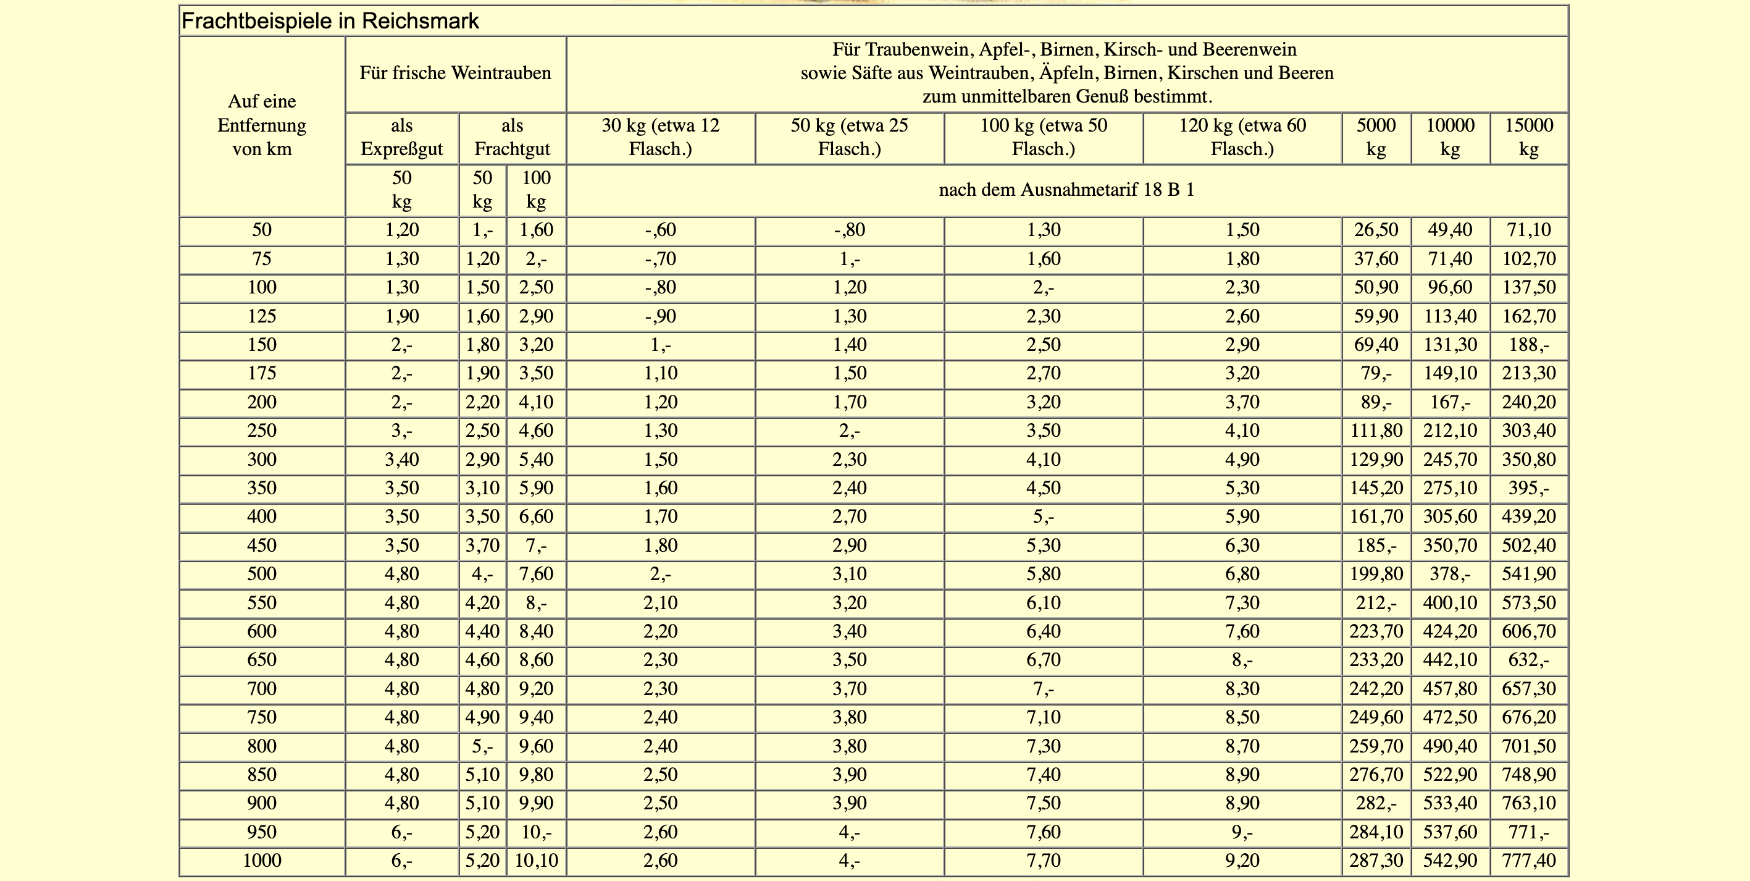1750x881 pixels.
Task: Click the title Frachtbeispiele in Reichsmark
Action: [330, 22]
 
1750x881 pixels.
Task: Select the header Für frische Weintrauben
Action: [455, 74]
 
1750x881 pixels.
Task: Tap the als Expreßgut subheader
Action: [401, 137]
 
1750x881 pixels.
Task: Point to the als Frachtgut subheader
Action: [513, 137]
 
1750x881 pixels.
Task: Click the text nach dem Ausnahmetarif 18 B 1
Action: [1066, 190]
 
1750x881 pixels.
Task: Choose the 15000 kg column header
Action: [1528, 137]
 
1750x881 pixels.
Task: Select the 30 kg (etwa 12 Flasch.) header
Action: [660, 137]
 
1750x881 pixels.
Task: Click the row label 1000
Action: [262, 861]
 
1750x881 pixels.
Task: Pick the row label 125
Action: [262, 316]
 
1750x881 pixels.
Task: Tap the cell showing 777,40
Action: [1528, 861]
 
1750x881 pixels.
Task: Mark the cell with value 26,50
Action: [1376, 230]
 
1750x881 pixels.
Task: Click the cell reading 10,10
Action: [536, 861]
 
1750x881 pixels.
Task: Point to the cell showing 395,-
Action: [1528, 488]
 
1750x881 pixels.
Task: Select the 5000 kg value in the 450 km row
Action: [1376, 545]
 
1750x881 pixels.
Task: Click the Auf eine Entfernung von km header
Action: [262, 125]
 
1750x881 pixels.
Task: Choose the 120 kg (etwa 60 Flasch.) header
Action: [1242, 137]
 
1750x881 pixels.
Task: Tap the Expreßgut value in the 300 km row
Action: [401, 460]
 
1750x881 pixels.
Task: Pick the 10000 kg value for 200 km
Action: [1450, 402]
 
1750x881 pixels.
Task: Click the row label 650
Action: [262, 660]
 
